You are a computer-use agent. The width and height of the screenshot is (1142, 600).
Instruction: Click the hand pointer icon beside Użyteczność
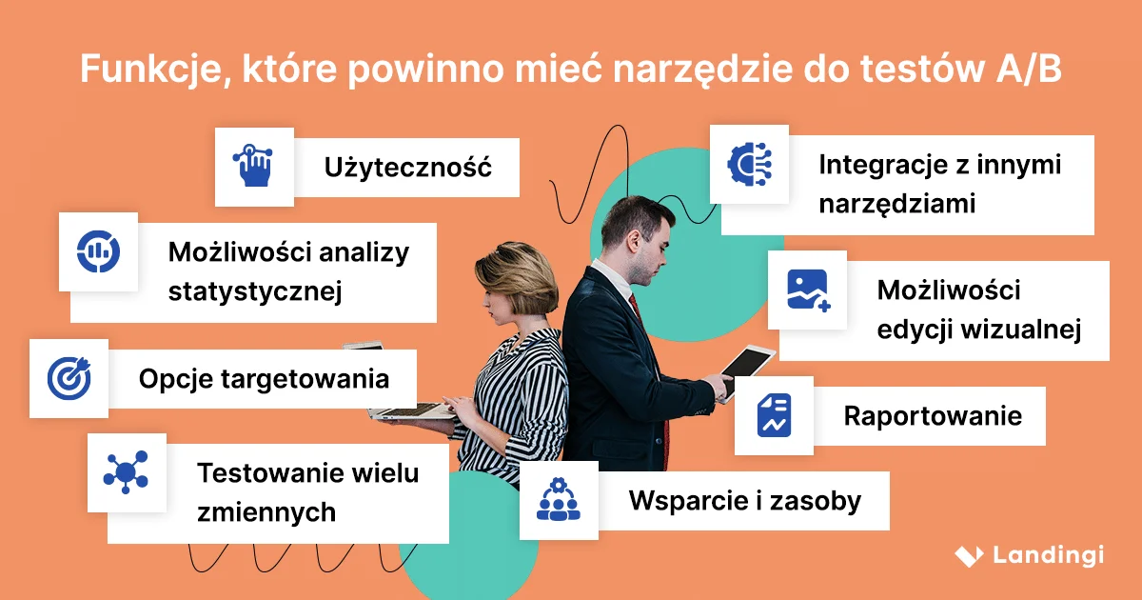(253, 166)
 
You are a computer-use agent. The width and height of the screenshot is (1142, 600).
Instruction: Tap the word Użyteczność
(407, 169)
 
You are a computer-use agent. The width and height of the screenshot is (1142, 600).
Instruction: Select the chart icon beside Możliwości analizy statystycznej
(98, 251)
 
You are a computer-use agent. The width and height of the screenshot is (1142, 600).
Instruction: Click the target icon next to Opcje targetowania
(69, 378)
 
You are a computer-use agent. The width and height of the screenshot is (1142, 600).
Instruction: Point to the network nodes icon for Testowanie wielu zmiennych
(126, 471)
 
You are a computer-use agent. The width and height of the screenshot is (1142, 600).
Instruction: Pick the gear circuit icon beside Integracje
(749, 164)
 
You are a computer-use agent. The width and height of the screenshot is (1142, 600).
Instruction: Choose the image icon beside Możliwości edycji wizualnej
(808, 290)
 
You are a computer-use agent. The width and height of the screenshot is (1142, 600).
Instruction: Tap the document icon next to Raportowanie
(774, 415)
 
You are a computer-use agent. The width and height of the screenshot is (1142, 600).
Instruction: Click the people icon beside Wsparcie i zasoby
(558, 500)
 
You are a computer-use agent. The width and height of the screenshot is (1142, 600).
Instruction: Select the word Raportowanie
(933, 416)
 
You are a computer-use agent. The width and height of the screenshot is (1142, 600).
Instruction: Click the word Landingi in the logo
(1048, 555)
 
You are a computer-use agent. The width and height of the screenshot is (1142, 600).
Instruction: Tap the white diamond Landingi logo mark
(968, 555)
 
